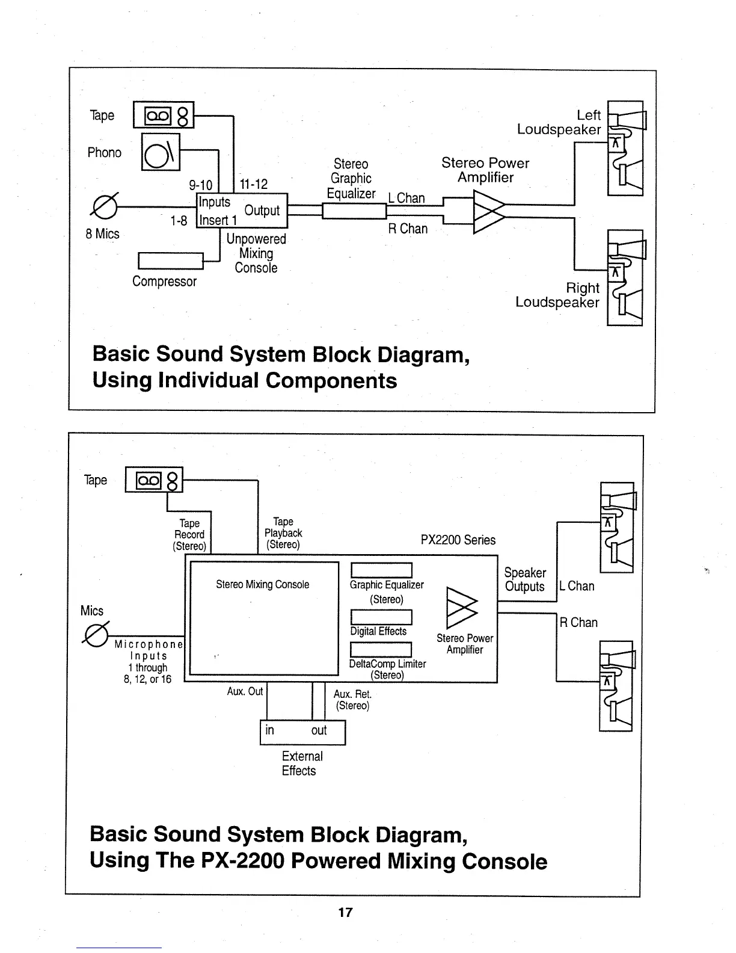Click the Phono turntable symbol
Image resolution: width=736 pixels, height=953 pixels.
[161, 152]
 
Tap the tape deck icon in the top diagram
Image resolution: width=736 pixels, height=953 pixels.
[164, 116]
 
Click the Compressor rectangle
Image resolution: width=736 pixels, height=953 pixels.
[171, 261]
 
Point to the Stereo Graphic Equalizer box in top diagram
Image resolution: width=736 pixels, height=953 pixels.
[354, 211]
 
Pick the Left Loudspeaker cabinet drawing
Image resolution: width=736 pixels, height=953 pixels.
[626, 148]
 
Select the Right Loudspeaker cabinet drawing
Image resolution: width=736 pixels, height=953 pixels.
[625, 277]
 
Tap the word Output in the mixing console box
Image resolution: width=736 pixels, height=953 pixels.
[262, 211]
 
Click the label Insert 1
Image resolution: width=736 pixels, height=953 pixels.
[214, 221]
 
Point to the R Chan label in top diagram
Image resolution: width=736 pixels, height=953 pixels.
[408, 229]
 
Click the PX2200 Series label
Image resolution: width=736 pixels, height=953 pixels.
[458, 540]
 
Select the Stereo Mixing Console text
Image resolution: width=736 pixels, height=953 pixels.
[262, 584]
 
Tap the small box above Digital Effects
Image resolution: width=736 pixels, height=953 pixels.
[381, 617]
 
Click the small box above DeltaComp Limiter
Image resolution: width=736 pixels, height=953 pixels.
[381, 650]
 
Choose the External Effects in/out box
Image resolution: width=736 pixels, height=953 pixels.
[302, 732]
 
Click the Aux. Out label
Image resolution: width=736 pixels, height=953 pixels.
[245, 691]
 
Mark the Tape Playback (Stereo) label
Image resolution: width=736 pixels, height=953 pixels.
[283, 533]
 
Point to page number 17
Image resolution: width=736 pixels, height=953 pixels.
[345, 912]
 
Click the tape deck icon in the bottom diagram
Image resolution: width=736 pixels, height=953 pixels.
[153, 480]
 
